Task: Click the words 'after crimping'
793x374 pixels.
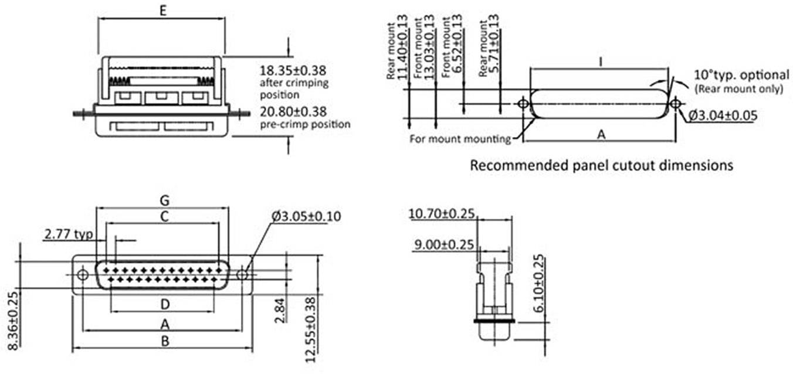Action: point(293,83)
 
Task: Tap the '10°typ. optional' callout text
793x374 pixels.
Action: point(741,75)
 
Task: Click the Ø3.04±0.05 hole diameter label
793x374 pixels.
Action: point(722,116)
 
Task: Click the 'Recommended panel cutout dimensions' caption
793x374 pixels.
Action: point(601,165)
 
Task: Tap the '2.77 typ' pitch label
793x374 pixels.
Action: point(68,235)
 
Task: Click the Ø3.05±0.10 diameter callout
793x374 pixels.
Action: point(306,216)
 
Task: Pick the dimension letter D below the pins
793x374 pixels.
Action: point(165,304)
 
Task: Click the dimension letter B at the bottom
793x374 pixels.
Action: point(165,341)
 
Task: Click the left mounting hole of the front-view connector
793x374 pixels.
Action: point(83,274)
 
